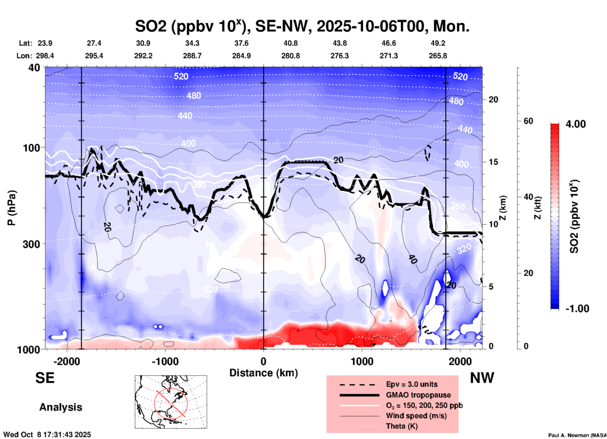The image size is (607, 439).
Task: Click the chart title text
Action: (302, 26)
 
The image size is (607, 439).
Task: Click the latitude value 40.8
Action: (290, 43)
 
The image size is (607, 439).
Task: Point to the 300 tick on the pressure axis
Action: (32, 244)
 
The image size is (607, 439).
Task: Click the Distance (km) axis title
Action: (263, 373)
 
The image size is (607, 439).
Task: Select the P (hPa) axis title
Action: (12, 208)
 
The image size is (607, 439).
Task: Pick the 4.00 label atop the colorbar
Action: (575, 124)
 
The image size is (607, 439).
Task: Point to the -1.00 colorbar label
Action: (577, 308)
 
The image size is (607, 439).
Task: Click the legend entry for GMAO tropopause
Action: (418, 395)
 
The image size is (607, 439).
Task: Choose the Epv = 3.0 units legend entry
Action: (411, 384)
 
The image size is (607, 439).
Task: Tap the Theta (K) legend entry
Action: (402, 426)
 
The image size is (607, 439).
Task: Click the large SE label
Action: (45, 378)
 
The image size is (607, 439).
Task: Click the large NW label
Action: (482, 378)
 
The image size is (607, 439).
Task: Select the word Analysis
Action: (61, 407)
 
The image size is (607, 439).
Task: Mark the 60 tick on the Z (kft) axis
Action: (528, 121)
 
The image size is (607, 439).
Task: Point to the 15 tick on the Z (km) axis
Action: (493, 162)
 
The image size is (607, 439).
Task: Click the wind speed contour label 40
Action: (413, 259)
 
